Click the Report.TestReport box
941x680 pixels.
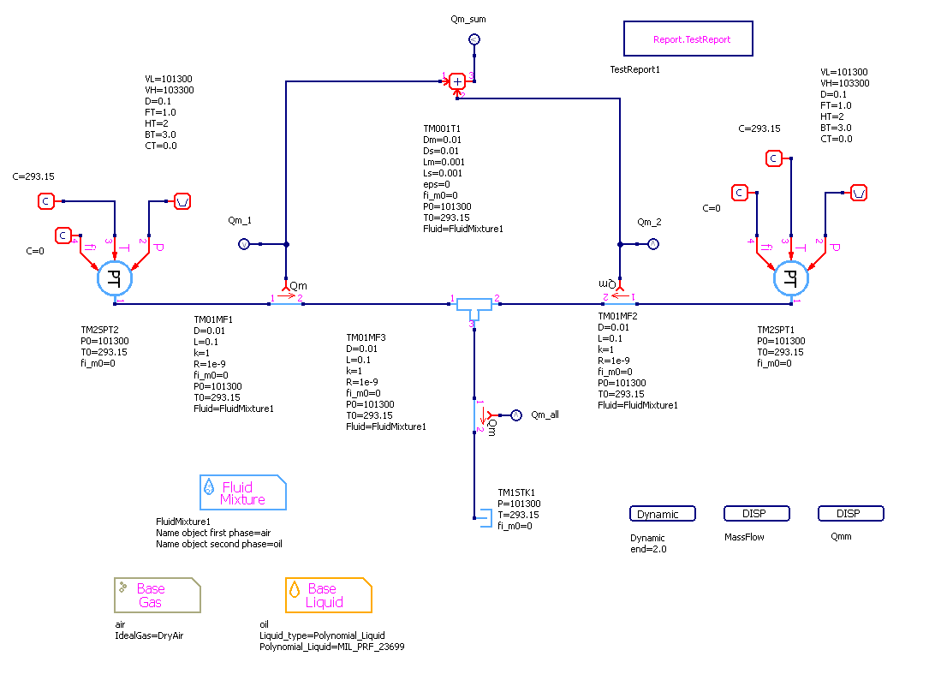(688, 39)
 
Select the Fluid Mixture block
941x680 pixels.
(242, 493)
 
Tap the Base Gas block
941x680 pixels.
(157, 595)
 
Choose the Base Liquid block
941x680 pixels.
(329, 595)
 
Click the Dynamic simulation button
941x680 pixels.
(662, 514)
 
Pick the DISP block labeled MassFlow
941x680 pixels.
(756, 514)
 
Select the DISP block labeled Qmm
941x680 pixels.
(850, 514)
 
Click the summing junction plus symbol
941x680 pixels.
(458, 81)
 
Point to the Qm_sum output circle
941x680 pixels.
(474, 39)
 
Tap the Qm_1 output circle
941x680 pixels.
(242, 245)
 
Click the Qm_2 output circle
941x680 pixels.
(652, 245)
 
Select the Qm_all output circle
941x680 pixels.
(515, 415)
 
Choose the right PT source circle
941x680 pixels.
(790, 277)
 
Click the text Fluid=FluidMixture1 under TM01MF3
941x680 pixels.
(386, 426)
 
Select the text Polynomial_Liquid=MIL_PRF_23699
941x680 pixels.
(332, 647)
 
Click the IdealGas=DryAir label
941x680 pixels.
(150, 635)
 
